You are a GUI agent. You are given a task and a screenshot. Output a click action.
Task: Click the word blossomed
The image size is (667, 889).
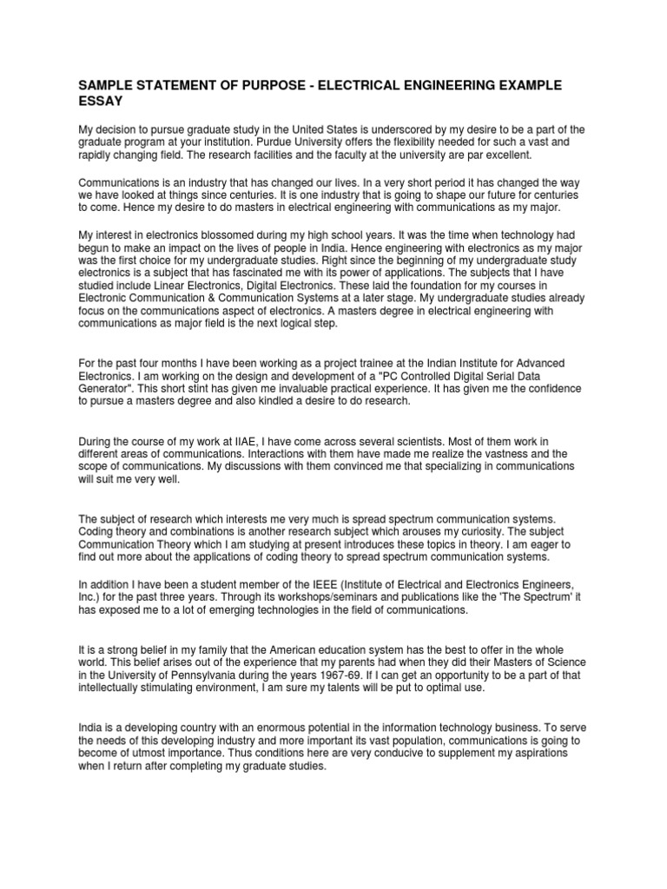point(228,235)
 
